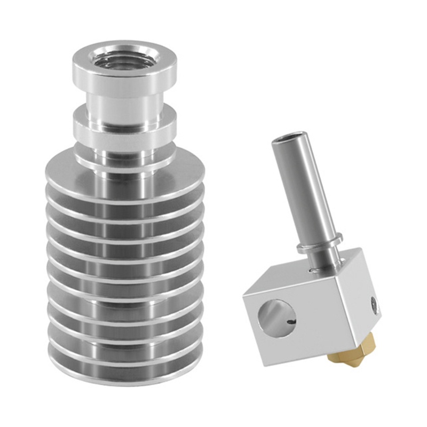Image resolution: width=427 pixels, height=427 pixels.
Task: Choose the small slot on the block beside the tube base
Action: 309,272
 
